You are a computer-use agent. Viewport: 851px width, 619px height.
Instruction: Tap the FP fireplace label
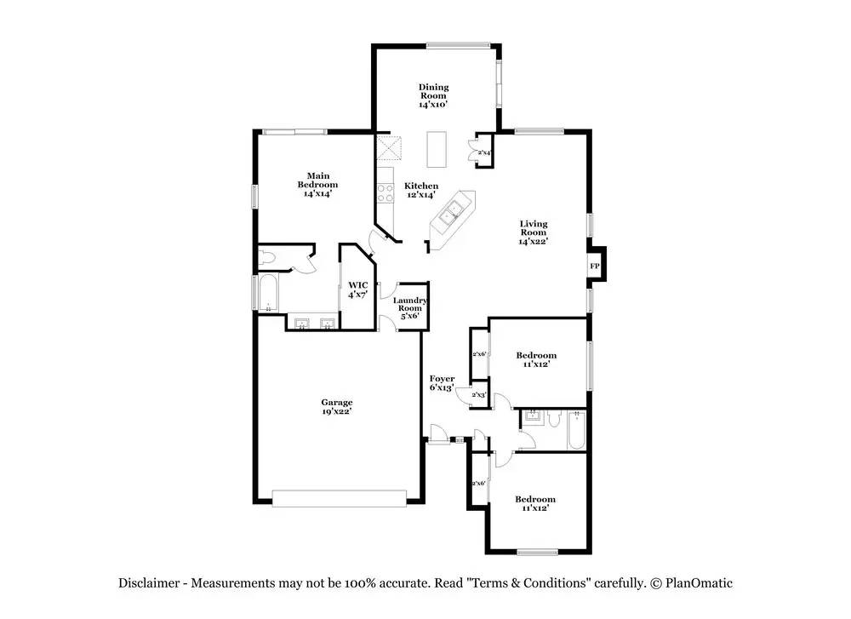(595, 266)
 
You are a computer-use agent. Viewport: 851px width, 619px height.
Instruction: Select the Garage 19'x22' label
(336, 407)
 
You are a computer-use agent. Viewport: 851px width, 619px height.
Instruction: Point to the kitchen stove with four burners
(386, 192)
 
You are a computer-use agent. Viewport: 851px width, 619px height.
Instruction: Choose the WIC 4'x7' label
(358, 290)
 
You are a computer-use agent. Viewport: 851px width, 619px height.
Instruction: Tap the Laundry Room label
(410, 308)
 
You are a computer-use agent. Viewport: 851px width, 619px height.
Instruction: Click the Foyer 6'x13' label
(442, 383)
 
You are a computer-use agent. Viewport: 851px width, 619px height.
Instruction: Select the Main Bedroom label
(317, 185)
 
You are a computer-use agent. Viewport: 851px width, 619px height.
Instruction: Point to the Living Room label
(534, 232)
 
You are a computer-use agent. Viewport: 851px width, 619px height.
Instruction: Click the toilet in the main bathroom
(267, 258)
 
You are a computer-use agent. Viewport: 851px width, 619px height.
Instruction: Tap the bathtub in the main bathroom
(268, 293)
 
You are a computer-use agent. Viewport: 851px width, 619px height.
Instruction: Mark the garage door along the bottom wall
(340, 499)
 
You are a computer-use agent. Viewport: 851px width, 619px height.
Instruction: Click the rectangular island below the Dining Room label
(437, 149)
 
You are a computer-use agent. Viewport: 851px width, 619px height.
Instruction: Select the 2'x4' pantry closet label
(484, 153)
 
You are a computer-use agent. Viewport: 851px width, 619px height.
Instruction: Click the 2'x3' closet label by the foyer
(478, 395)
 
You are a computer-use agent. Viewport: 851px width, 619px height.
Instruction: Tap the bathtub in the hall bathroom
(577, 430)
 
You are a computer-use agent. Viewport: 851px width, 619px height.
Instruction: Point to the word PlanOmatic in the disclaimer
(699, 583)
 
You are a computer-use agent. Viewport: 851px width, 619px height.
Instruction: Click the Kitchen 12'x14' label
(421, 191)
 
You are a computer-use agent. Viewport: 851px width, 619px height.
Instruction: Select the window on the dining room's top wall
(459, 46)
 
